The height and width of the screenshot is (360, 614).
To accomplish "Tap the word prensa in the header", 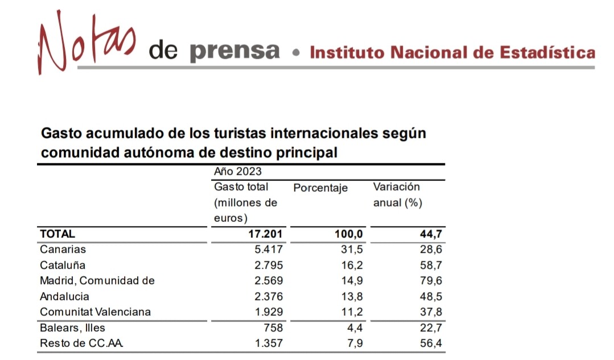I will [234, 52].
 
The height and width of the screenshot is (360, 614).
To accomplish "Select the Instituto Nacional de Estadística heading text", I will [452, 53].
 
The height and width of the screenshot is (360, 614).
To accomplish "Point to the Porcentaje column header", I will [320, 188].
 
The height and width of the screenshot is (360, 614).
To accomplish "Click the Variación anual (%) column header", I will [397, 195].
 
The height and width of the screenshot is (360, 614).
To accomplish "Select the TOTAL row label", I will [57, 233].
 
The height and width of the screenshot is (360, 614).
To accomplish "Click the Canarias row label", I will [63, 249].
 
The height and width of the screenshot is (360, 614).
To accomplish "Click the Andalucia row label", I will [64, 296].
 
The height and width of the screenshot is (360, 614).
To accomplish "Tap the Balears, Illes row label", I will [72, 328].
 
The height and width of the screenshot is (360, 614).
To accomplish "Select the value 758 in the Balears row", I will [273, 328].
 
